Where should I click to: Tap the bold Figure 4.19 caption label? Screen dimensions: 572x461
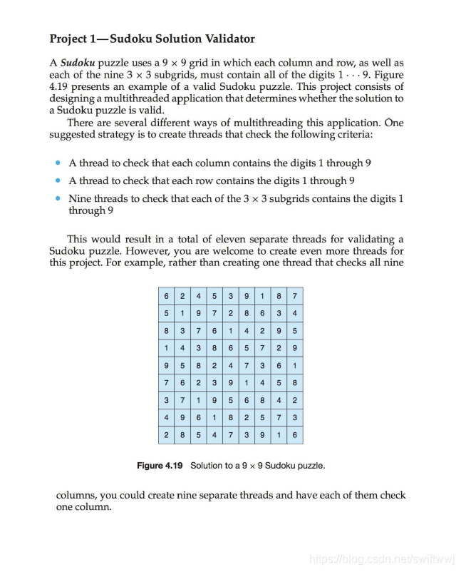(x=160, y=466)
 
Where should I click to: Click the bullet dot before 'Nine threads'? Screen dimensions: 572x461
(x=57, y=199)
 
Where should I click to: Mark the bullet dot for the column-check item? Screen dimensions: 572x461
(x=57, y=163)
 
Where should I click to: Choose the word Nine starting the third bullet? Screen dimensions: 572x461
(x=80, y=198)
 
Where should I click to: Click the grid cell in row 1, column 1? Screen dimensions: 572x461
(x=166, y=295)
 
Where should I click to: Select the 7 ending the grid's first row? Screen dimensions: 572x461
(x=294, y=295)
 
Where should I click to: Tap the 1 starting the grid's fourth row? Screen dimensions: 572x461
(x=166, y=347)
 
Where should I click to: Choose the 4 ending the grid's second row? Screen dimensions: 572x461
(x=294, y=312)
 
